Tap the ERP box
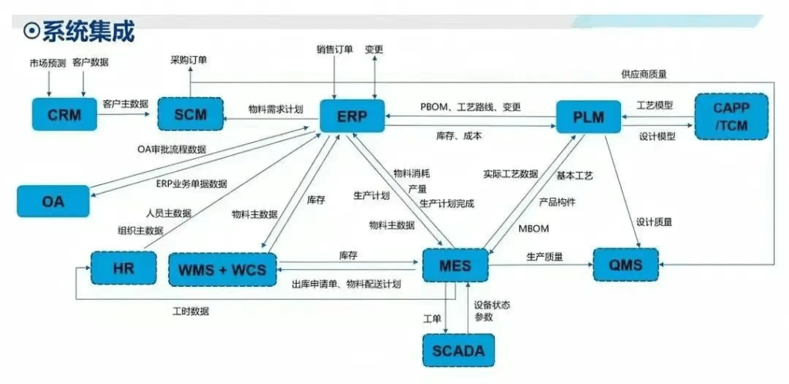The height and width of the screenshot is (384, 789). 352,117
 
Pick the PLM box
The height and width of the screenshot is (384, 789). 589,117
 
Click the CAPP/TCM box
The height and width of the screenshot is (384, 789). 731,116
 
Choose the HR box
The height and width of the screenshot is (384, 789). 123,269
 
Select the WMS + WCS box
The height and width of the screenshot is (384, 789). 222,269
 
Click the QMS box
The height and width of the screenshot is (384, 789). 626,266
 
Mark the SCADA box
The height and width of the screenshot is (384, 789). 458,351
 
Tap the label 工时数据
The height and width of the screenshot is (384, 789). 190,312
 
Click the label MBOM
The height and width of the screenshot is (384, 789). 533,228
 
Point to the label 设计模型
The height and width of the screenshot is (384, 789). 656,136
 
